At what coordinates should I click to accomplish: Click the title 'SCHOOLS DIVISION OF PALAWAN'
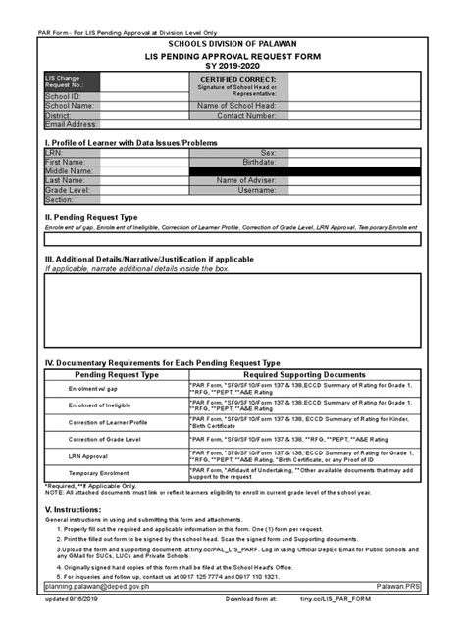232,44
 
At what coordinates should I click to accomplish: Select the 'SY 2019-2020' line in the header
232,68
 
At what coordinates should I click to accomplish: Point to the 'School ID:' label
63,96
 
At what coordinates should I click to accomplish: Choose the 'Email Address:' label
72,124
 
